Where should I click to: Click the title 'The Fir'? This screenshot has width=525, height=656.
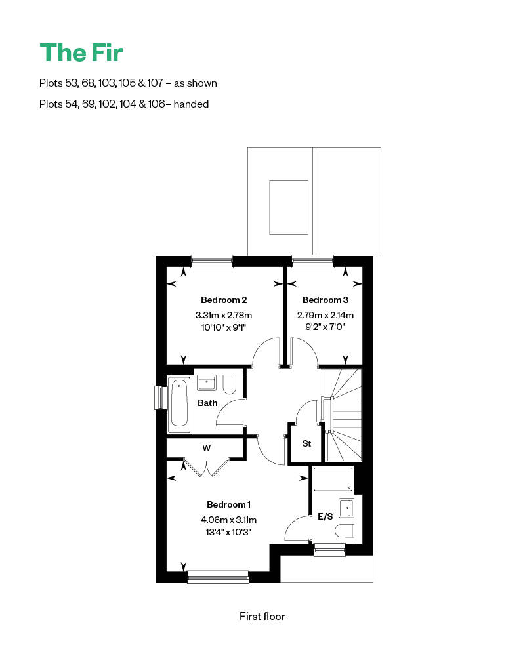click(x=81, y=52)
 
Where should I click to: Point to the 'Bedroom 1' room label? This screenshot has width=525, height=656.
click(x=228, y=504)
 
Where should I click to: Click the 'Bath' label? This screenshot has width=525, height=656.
click(x=207, y=403)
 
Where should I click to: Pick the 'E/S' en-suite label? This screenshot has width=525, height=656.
click(x=325, y=516)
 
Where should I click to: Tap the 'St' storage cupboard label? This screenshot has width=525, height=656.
click(x=306, y=443)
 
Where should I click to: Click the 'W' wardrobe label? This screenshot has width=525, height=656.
click(x=206, y=449)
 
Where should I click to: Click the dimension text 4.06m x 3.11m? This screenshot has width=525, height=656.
click(x=228, y=519)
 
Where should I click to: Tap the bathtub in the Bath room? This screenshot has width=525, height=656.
click(x=179, y=403)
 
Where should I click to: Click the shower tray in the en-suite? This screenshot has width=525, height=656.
click(x=333, y=480)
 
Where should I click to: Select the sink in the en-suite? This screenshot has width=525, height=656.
click(x=346, y=507)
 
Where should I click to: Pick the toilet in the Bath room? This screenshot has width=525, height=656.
click(x=229, y=384)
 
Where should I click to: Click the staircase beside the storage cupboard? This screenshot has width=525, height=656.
click(x=343, y=415)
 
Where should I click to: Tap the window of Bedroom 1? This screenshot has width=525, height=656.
click(x=218, y=577)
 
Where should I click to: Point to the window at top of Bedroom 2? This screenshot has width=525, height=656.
click(x=212, y=261)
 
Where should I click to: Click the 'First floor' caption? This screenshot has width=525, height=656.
click(x=262, y=616)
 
